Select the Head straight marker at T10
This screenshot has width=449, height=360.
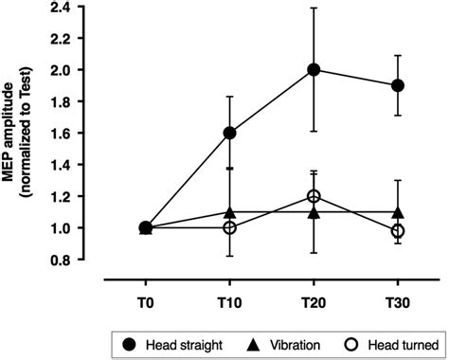[230, 133]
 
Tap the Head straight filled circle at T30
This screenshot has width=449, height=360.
[398, 85]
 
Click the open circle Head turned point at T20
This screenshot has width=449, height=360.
[314, 196]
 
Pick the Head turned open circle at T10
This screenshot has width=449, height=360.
[230, 227]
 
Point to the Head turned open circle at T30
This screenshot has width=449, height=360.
[398, 231]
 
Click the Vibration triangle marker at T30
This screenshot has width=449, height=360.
[398, 212]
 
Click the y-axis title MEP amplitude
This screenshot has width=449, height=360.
[18, 133]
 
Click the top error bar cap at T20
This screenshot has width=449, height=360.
[314, 8]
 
